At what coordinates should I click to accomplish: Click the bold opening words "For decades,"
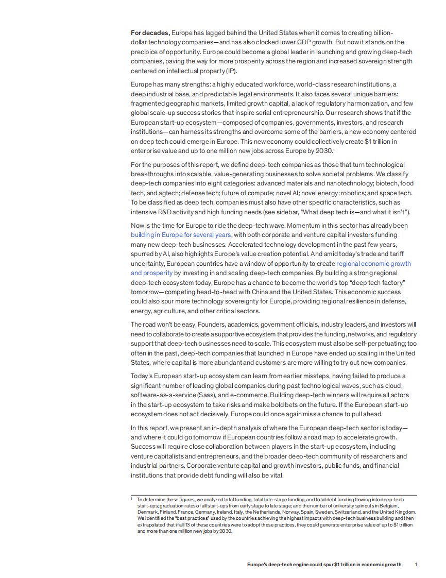(150, 33)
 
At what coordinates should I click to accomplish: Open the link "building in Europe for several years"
(180, 234)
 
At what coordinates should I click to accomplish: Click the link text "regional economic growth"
(373, 263)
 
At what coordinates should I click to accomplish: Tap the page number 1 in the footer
(416, 565)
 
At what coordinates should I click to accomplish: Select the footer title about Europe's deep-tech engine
(324, 565)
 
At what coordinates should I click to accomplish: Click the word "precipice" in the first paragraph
(146, 52)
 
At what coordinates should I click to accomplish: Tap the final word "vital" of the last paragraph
(276, 475)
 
